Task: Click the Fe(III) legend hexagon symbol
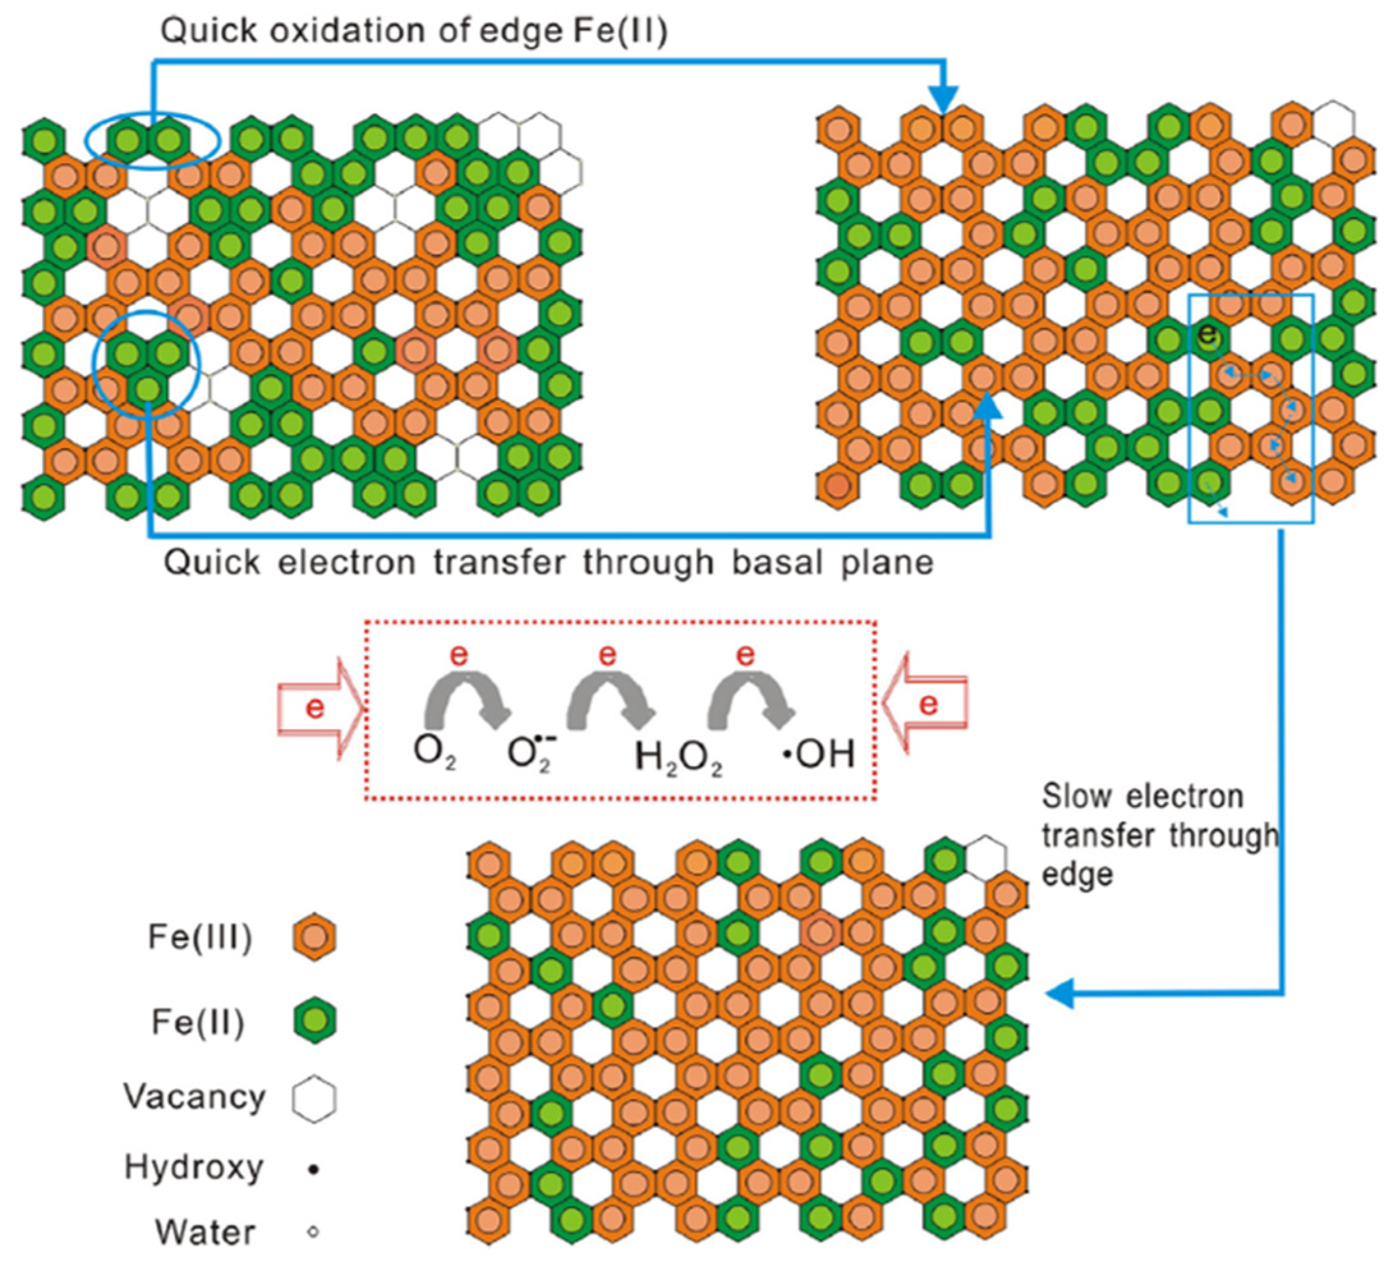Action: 314,937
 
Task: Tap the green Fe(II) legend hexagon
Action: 314,1019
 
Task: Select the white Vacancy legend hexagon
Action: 314,1098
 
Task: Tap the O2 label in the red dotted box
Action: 434,753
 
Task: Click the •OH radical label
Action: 819,753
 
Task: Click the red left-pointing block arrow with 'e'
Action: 925,704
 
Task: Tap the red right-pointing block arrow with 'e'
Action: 321,709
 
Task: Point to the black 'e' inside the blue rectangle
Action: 1208,333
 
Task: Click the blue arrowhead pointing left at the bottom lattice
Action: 1061,994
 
